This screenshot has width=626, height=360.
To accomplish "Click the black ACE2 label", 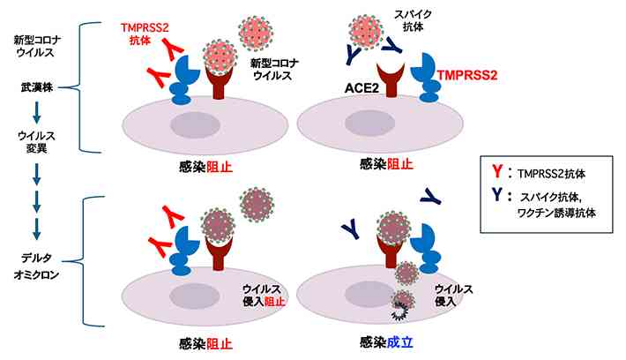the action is (361, 88).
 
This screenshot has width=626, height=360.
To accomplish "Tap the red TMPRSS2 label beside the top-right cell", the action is (467, 76).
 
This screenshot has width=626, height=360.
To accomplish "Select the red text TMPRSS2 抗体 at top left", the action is (145, 34).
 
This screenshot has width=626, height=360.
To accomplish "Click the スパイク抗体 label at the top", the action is (414, 21).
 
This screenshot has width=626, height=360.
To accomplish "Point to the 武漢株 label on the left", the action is (37, 87).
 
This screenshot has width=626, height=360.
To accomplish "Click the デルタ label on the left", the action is (36, 259).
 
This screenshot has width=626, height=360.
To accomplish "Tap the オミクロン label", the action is (36, 275).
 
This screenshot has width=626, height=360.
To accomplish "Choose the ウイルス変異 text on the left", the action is (36, 142).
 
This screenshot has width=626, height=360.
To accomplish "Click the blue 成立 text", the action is (399, 342).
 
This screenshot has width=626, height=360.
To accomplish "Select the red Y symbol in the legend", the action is (497, 171).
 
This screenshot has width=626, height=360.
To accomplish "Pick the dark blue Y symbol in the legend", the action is (497, 195).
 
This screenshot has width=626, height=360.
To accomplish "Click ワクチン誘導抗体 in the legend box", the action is (556, 214).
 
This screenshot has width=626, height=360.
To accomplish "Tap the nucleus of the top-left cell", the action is (195, 125).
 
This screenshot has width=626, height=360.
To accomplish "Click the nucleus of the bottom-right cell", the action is (369, 296).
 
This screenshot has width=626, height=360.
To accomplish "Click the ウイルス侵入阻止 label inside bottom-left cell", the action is (264, 295).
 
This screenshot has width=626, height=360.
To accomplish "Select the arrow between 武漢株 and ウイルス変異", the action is (37, 112).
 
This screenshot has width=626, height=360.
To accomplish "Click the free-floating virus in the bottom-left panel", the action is (257, 205).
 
